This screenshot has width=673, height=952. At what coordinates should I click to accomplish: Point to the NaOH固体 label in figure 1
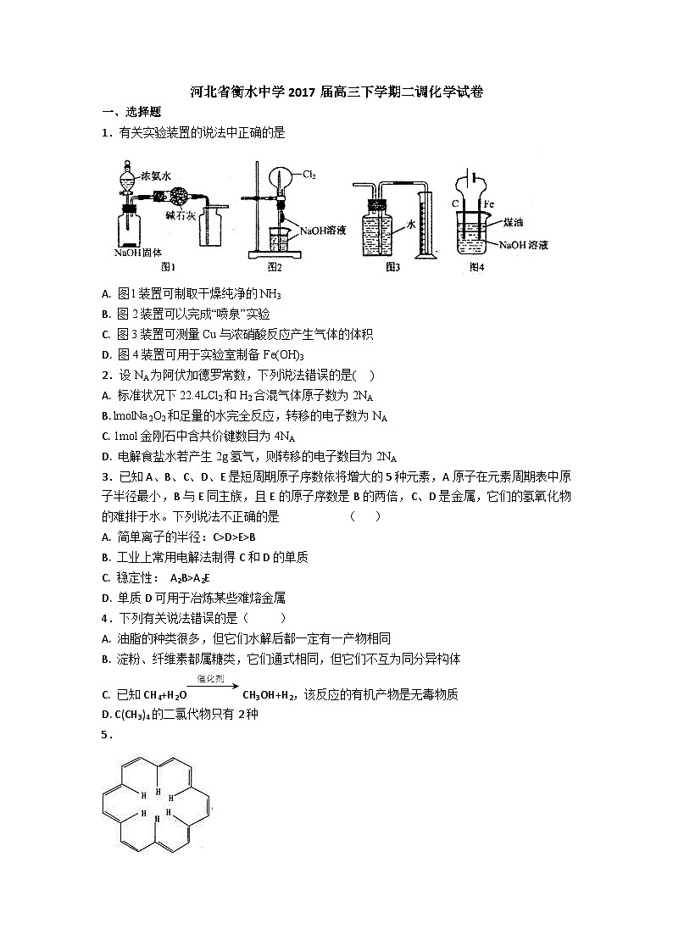tap(137, 253)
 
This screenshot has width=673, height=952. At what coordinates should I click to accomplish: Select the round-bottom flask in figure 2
tap(281, 179)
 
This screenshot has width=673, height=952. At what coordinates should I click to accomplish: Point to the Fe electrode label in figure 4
tap(488, 204)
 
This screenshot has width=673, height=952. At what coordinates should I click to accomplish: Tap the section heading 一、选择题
tap(131, 112)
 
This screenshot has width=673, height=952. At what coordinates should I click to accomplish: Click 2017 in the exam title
tap(303, 92)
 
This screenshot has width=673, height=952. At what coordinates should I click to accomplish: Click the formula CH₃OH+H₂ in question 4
tap(270, 695)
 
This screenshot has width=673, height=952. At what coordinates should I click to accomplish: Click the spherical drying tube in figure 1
tap(179, 196)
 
